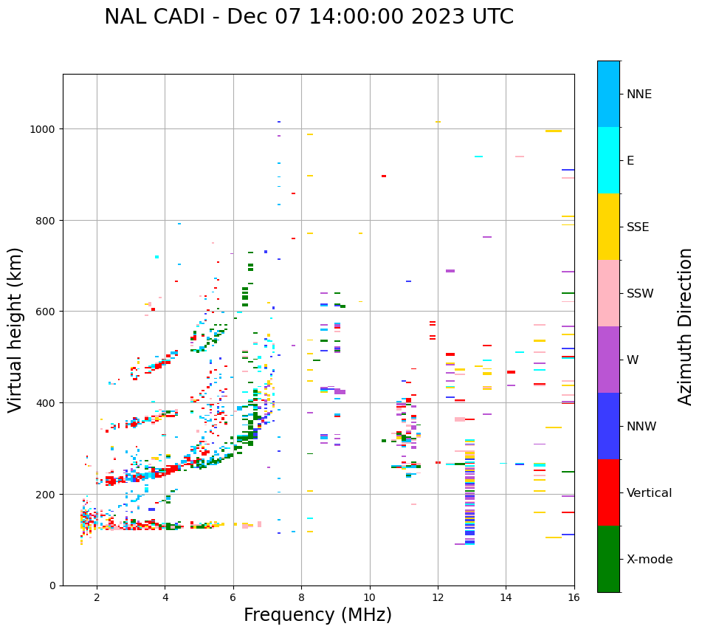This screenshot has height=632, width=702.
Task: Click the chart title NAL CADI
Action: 309,17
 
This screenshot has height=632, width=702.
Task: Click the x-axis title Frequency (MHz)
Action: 317,615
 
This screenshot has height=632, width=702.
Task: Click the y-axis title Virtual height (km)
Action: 16,330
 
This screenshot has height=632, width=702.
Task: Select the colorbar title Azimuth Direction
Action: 686,326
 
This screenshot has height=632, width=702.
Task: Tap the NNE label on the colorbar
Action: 639,94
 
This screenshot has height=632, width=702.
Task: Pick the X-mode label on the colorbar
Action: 650,559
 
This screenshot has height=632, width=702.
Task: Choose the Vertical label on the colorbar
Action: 650,492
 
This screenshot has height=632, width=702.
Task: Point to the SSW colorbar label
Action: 640,293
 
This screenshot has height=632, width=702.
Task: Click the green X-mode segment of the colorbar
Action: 608,559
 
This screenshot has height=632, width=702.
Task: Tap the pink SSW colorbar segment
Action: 608,293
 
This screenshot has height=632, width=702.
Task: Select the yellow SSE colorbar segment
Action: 608,227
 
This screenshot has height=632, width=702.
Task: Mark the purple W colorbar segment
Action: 608,360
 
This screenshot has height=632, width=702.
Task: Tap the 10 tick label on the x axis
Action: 370,598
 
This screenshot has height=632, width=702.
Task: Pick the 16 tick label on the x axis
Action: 574,598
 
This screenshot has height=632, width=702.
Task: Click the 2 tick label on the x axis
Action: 97,598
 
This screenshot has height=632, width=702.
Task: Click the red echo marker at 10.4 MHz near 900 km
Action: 384,176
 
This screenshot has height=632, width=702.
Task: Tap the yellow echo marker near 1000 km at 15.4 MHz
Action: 554,131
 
